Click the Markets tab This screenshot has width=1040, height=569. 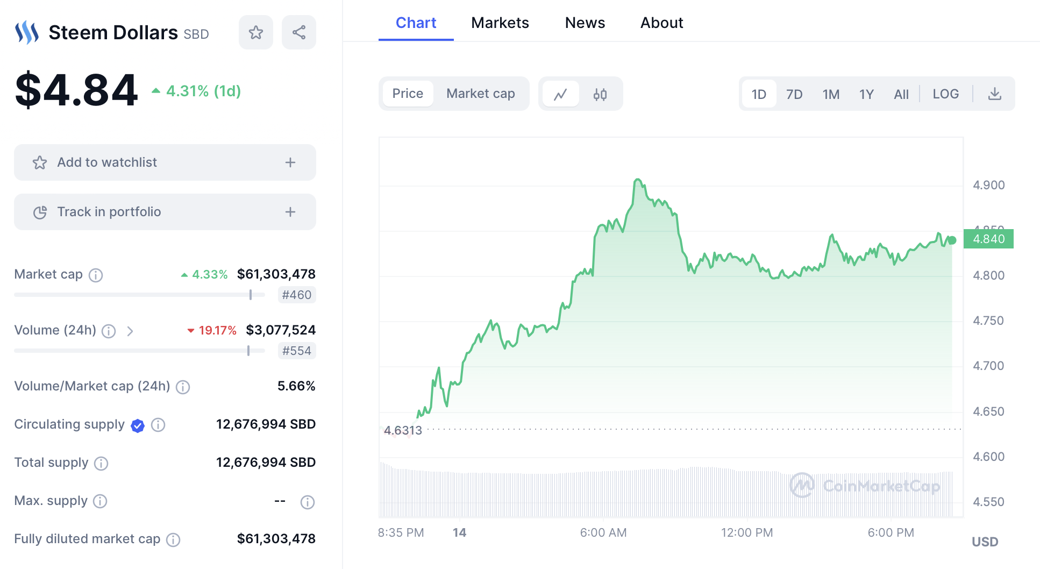(x=500, y=23)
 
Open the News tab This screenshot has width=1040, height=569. (x=585, y=23)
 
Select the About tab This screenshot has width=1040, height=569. (x=661, y=23)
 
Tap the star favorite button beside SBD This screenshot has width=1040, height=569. (x=256, y=32)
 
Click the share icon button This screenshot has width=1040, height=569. (x=299, y=32)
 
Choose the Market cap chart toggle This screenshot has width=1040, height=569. (x=480, y=94)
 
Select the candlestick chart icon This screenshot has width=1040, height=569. (x=600, y=94)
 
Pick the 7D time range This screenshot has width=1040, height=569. (x=794, y=94)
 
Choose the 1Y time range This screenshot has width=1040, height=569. (x=866, y=94)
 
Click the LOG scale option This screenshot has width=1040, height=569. (x=945, y=94)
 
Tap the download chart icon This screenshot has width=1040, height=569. (x=995, y=94)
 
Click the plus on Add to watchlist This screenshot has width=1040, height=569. (x=290, y=162)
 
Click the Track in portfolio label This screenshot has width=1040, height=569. (x=109, y=212)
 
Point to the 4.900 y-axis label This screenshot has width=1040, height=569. (x=988, y=185)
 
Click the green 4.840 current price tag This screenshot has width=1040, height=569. (x=988, y=239)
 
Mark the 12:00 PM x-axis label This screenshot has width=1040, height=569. (x=746, y=532)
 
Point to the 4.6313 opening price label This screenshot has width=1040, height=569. (x=403, y=430)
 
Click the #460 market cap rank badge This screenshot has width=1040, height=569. (x=296, y=295)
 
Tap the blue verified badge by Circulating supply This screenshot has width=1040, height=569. (x=138, y=425)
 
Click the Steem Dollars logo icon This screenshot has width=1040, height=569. (x=27, y=32)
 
